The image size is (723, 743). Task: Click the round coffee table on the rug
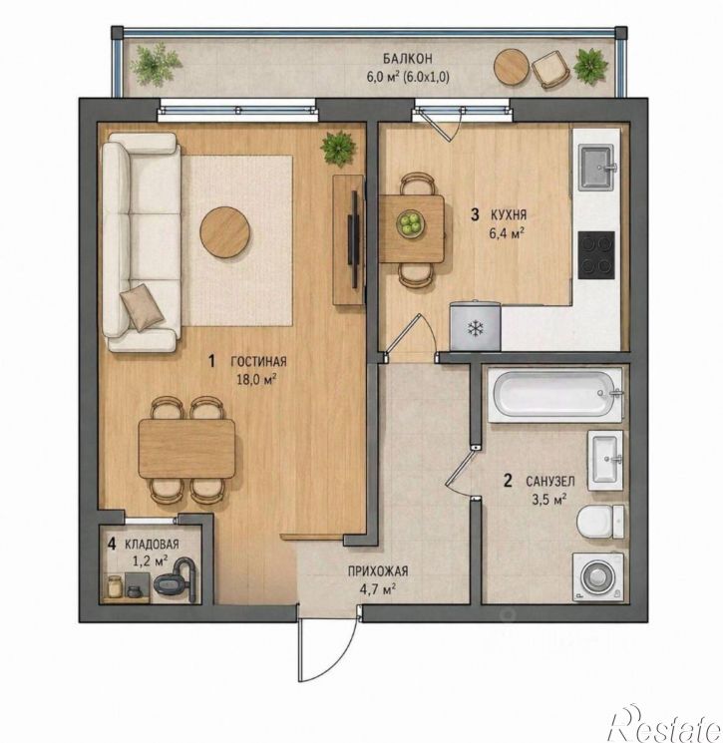(225, 232)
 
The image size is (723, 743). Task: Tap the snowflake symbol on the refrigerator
(476, 328)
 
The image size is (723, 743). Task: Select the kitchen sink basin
(596, 167)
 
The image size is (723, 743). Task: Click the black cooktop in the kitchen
(596, 255)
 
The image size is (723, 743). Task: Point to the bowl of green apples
(410, 223)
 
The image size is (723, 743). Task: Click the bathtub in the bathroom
(554, 395)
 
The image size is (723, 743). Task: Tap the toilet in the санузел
(600, 522)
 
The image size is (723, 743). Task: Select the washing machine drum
(598, 577)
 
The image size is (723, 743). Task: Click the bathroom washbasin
(605, 460)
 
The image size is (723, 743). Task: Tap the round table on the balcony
(512, 68)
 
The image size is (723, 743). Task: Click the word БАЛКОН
(408, 59)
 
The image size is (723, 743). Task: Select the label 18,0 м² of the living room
(256, 380)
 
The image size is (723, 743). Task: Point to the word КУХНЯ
(509, 215)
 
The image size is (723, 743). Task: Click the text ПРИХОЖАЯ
(378, 571)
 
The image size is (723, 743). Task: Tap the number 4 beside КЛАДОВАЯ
(112, 544)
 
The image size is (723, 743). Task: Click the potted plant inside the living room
(338, 148)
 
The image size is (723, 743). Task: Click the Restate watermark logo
(666, 724)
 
